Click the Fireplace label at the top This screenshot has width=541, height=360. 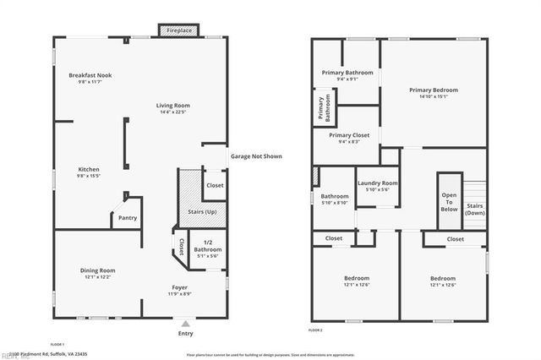coord(178,30)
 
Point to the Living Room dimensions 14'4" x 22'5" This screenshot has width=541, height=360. coord(172,112)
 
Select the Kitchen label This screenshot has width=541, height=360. coord(89,169)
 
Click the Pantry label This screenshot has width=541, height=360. coord(127,217)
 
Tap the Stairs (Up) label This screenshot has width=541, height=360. coord(191,211)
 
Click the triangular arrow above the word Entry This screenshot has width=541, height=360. coord(185,323)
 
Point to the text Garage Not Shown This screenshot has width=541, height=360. coord(256,156)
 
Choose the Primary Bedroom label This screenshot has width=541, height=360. coord(433,90)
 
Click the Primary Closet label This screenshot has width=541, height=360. coord(348,135)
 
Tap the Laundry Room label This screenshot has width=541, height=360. coord(378,183)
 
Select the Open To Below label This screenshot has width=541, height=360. coord(449,203)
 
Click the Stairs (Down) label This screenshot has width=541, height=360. coord(475,209)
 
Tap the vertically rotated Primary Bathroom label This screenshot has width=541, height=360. coord(323,108)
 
